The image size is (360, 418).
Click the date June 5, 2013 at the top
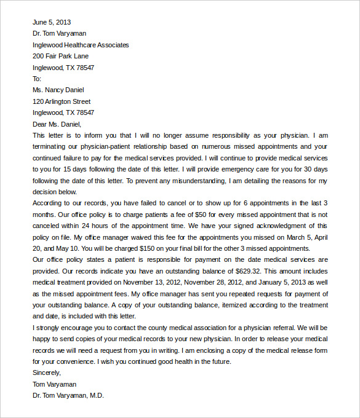pyautogui.click(x=52, y=22)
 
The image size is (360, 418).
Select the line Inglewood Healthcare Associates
pyautogui.click(x=81, y=45)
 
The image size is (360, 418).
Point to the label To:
pyautogui.click(x=37, y=79)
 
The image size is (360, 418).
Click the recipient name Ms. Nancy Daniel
pyautogui.click(x=58, y=90)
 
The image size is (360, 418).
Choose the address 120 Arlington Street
pyautogui.click(x=62, y=101)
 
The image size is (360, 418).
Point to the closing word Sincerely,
pyautogui.click(x=47, y=373)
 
